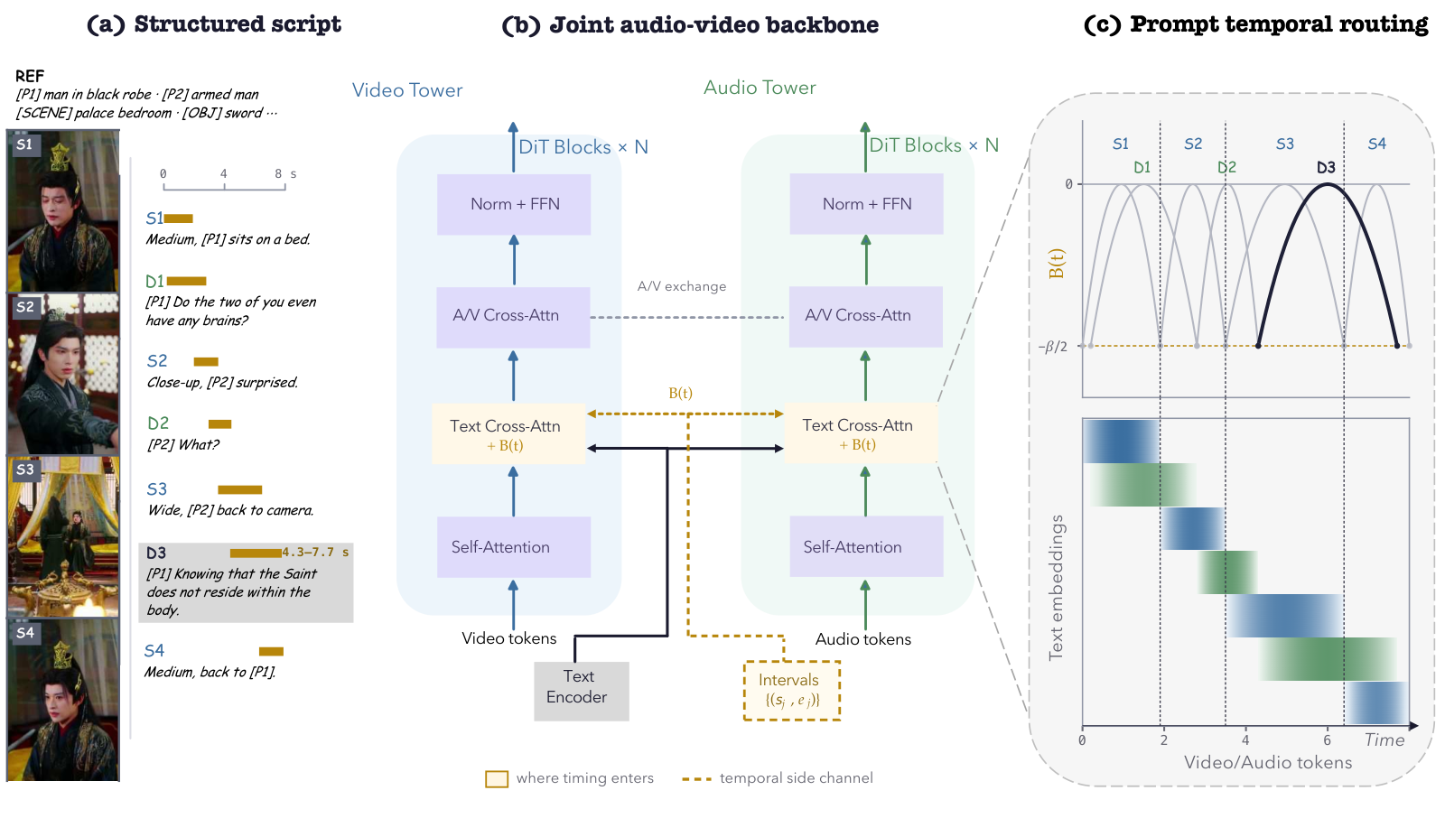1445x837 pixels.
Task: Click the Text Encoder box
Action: point(582,691)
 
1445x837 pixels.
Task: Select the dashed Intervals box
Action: point(791,690)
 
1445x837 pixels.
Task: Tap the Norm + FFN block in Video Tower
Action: point(514,204)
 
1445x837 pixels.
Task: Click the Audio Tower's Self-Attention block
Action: point(866,547)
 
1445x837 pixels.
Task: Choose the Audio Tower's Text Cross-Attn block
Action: point(860,433)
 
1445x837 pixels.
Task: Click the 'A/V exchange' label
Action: point(682,286)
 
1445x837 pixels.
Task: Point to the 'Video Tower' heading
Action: point(407,90)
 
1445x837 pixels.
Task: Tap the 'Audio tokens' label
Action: point(863,639)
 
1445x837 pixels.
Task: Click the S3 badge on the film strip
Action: point(25,470)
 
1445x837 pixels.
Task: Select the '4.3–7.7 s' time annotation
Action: point(315,553)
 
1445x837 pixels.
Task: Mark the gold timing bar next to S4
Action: point(271,651)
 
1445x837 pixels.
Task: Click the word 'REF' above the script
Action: point(30,76)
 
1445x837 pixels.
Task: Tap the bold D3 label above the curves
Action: point(1326,168)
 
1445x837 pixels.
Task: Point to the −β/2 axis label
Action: point(1052,347)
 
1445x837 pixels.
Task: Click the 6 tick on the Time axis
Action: point(1327,739)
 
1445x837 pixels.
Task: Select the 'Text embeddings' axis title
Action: point(1056,588)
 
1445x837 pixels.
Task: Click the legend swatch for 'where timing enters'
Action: point(497,779)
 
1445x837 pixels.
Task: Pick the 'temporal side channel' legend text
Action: point(796,778)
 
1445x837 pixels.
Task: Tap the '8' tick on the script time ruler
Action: point(278,173)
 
